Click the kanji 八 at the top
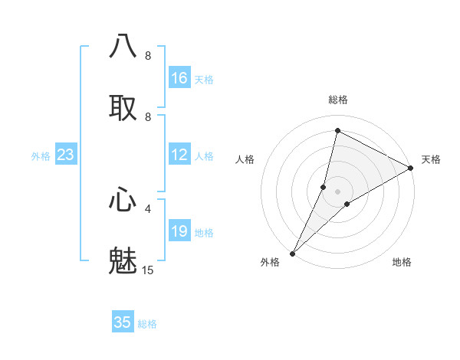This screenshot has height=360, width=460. pyautogui.click(x=123, y=46)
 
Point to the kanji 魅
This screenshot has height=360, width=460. pyautogui.click(x=123, y=260)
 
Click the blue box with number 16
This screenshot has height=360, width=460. pyautogui.click(x=179, y=78)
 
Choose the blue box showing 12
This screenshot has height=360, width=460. pyautogui.click(x=179, y=155)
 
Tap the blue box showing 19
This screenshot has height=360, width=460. pyautogui.click(x=179, y=231)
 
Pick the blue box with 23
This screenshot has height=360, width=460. pyautogui.click(x=66, y=155)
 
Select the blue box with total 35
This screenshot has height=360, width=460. pyautogui.click(x=123, y=322)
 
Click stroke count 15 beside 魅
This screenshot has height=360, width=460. pyautogui.click(x=148, y=270)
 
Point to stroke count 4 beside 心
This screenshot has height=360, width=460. pyautogui.click(x=148, y=208)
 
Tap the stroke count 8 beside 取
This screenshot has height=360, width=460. pyautogui.click(x=148, y=116)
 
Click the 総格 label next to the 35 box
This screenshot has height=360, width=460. pyautogui.click(x=147, y=324)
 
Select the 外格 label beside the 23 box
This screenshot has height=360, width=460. pyautogui.click(x=41, y=156)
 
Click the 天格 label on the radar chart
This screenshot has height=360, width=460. pyautogui.click(x=431, y=159)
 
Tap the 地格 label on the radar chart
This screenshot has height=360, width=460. pyautogui.click(x=402, y=262)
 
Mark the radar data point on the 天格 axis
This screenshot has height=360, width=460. pyautogui.click(x=411, y=169)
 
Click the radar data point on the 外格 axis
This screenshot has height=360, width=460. pyautogui.click(x=293, y=253)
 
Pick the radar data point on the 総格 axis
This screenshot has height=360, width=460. pyautogui.click(x=337, y=130)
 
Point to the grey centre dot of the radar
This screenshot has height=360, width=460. pyautogui.click(x=337, y=191)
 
